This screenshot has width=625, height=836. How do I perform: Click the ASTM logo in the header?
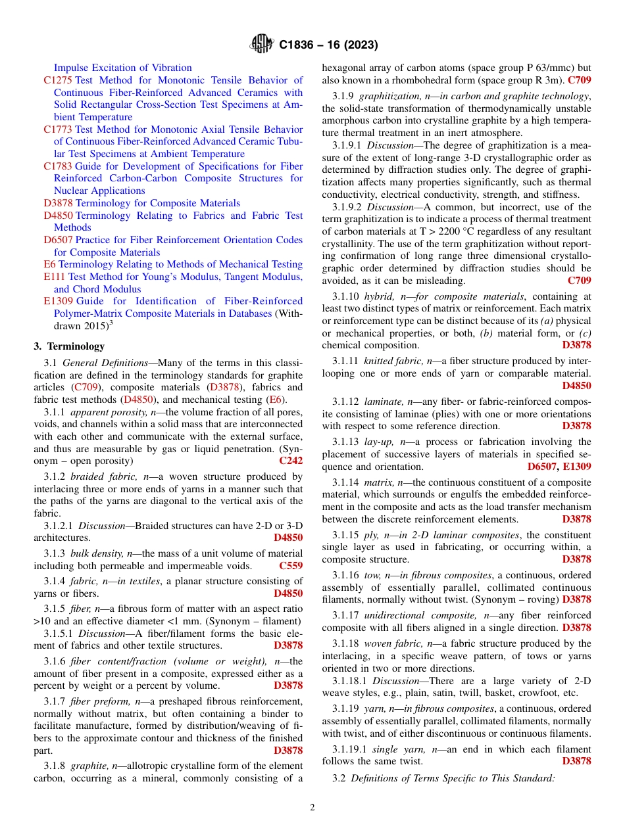(262, 45)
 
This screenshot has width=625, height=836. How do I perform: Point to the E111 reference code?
(54, 277)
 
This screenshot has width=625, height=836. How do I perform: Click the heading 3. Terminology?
(69, 346)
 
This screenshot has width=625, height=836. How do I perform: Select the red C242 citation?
(291, 461)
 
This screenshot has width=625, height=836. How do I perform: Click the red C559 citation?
(291, 565)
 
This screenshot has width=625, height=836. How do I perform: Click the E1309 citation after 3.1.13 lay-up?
(577, 467)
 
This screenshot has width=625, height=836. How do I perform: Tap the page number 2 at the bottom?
(312, 808)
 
